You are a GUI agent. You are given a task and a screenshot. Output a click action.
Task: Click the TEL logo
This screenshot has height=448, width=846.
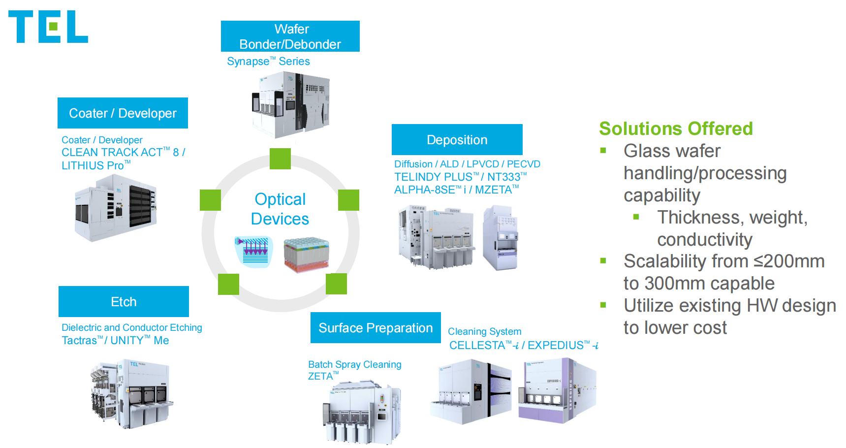coord(48,27)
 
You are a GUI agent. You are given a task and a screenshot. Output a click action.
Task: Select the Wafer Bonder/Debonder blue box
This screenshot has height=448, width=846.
coord(290,36)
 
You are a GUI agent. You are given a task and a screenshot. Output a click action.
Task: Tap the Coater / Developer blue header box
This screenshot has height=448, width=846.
coord(123,113)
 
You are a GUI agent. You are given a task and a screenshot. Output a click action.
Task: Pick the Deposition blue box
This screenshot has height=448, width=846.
coord(457,140)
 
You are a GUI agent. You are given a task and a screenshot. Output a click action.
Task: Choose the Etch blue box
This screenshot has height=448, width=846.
coord(124,302)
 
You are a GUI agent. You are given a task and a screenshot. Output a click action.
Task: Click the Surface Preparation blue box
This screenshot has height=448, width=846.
coord(376,328)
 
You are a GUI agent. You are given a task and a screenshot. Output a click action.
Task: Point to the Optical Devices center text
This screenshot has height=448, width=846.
coord(280,209)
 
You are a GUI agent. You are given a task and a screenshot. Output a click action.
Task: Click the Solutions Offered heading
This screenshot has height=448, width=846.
coord(676,128)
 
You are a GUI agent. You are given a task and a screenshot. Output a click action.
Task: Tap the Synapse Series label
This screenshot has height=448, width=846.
coord(268,62)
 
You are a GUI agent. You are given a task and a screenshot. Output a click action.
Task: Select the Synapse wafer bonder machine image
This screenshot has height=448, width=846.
coord(290,105)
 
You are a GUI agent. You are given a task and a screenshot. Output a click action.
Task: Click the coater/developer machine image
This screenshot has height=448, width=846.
coord(116,208)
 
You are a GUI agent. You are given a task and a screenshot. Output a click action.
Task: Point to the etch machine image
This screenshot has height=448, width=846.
coord(131,394)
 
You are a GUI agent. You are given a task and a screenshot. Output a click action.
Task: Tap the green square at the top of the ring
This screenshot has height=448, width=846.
coord(280,159)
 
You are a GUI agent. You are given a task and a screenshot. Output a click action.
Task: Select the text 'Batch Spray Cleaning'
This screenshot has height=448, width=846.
coord(354,364)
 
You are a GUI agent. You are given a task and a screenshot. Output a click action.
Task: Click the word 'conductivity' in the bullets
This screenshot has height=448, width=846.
coord(704,240)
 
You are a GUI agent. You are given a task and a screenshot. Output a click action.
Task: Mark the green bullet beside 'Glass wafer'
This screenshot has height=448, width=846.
coord(603,151)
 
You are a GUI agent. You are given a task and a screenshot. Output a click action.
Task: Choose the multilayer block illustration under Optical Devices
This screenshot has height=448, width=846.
coord(306,255)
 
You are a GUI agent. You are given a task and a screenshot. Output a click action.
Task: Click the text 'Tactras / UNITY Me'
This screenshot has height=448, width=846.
coord(115,340)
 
